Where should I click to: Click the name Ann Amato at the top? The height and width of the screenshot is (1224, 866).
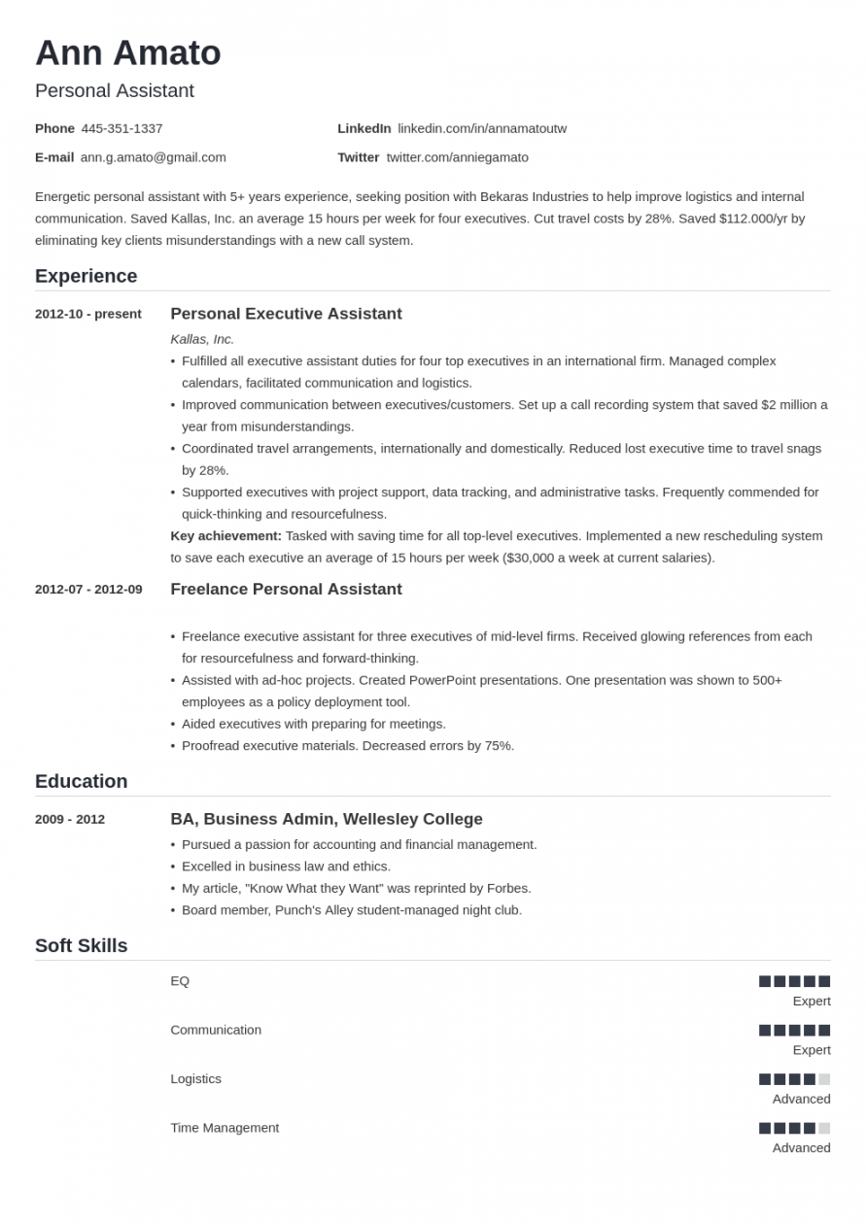[x=127, y=53]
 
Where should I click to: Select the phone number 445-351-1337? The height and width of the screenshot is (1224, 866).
[x=121, y=128]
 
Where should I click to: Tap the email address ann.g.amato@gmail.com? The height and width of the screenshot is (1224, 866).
[x=153, y=157]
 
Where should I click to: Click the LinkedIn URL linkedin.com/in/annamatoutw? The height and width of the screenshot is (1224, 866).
[x=481, y=128]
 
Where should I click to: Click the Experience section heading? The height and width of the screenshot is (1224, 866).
[x=86, y=276]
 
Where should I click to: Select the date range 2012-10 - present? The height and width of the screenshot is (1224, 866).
[x=87, y=314]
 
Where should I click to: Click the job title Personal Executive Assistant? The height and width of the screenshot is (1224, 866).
[x=286, y=314]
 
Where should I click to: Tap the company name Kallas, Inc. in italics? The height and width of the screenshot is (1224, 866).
[x=202, y=339]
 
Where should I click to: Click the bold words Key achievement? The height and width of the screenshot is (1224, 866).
[x=225, y=535]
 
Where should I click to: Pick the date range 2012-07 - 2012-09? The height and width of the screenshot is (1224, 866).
[x=88, y=589]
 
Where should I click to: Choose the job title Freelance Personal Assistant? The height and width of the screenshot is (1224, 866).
[x=286, y=589]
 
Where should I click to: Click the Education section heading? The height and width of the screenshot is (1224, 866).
[x=81, y=781]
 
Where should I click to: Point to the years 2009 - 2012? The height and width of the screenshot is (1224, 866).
[x=70, y=819]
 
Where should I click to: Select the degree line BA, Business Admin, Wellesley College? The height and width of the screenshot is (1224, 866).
[x=327, y=819]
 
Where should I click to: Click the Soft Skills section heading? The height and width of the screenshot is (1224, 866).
[x=81, y=945]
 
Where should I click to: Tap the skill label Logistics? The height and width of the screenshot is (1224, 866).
[x=195, y=1078]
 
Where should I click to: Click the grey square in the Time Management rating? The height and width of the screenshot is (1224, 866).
[x=824, y=1128]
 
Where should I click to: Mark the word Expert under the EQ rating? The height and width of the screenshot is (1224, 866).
[x=811, y=1001]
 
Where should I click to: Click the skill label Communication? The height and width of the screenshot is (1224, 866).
[x=216, y=1030]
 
